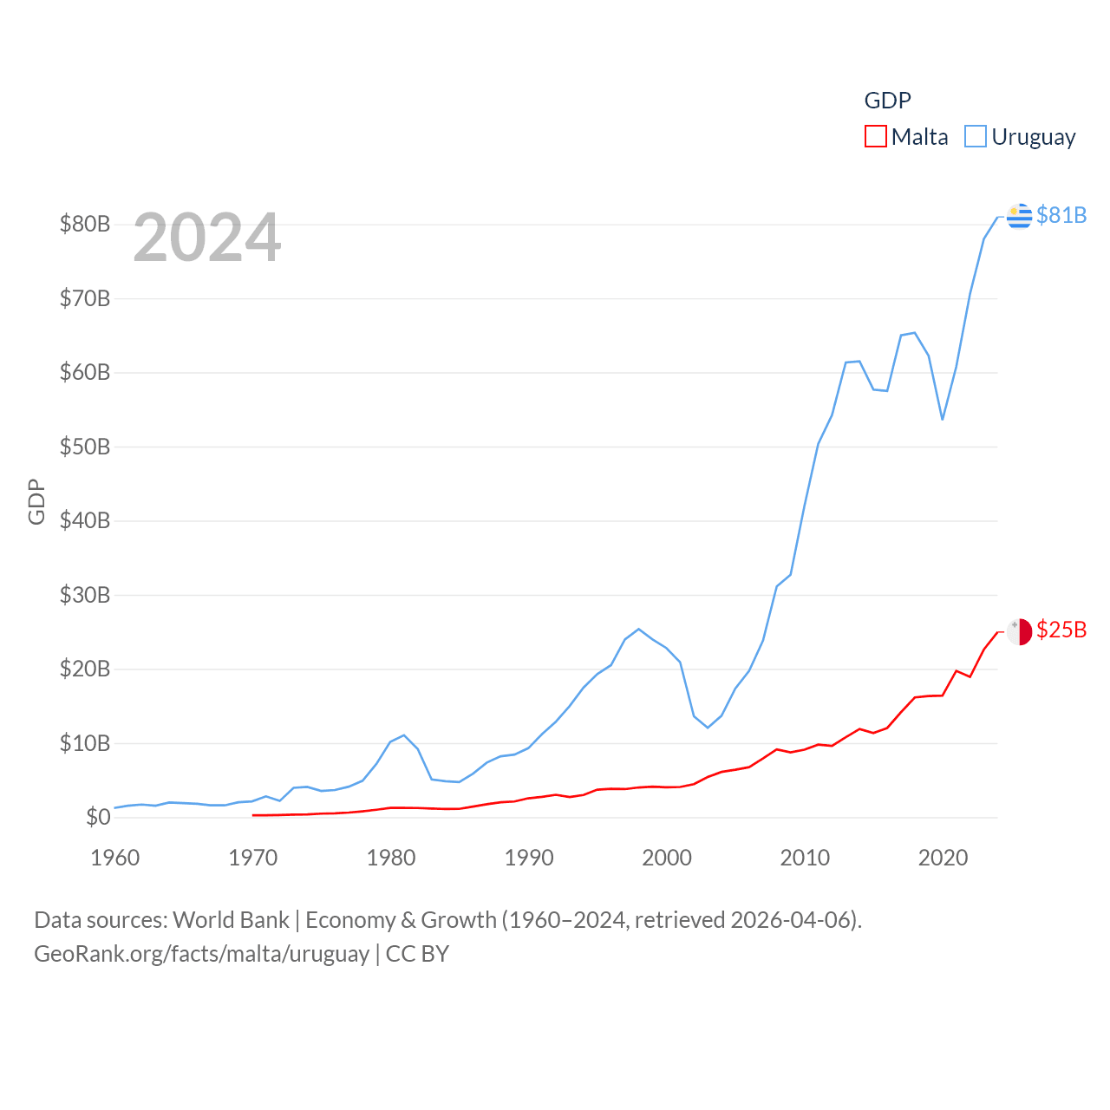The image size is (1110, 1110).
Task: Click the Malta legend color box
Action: [x=876, y=137]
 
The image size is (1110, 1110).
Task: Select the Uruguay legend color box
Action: [x=976, y=137]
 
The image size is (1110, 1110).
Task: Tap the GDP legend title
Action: [x=887, y=101]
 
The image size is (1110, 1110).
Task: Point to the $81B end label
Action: [x=1061, y=215]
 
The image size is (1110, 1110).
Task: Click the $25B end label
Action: [x=1061, y=630]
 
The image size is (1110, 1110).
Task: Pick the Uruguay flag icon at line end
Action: [x=1020, y=216]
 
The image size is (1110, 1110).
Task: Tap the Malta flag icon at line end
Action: [x=1020, y=631]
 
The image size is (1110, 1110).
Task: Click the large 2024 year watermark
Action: [x=207, y=238]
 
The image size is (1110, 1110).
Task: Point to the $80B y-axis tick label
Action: [x=85, y=225]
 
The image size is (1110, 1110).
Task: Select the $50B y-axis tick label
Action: [x=85, y=447]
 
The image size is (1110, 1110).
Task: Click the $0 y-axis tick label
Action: [x=98, y=817]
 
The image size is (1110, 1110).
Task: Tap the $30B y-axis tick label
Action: [x=85, y=595]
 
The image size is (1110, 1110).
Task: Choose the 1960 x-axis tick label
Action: [x=115, y=858]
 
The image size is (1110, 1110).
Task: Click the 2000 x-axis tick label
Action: [x=667, y=858]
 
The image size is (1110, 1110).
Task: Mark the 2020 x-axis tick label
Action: [x=943, y=858]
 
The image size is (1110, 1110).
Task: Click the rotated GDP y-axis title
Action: [x=36, y=501]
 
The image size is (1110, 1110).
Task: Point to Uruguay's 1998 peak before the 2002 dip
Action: [x=638, y=629]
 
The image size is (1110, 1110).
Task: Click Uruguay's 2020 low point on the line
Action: [x=943, y=420]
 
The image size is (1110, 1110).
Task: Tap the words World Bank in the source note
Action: [x=231, y=919]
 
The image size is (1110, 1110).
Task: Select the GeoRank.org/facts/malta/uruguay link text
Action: [x=202, y=954]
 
